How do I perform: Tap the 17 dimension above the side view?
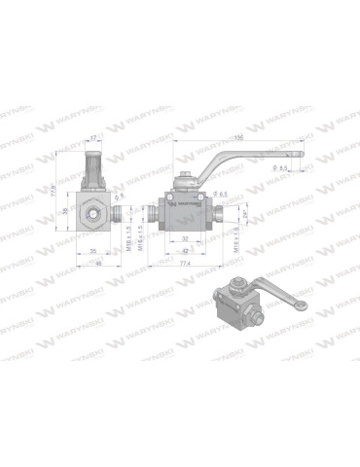click(94, 138)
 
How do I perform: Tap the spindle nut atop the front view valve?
click(185, 182)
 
